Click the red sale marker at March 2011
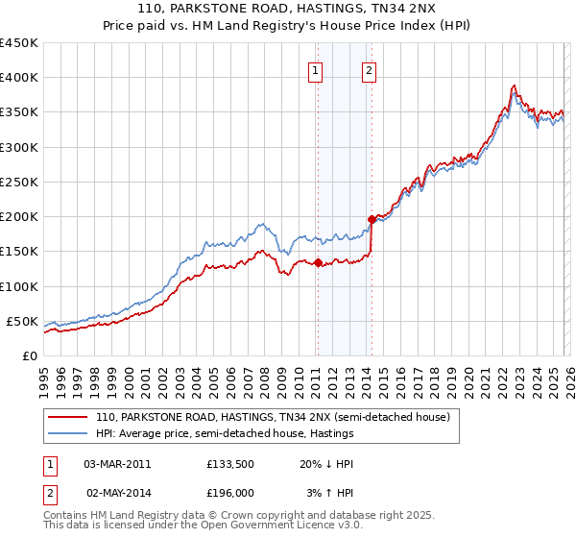pyautogui.click(x=318, y=262)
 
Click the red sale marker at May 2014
pyautogui.click(x=372, y=220)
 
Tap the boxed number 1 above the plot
pyautogui.click(x=315, y=68)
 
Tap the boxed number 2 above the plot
pyautogui.click(x=369, y=68)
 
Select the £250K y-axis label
pyautogui.click(x=18, y=182)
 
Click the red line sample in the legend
pyautogui.click(x=69, y=417)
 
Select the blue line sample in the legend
pyautogui.click(x=69, y=433)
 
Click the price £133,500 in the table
pyautogui.click(x=228, y=463)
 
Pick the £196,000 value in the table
pyautogui.click(x=228, y=492)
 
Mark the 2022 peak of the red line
pyautogui.click(x=515, y=86)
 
